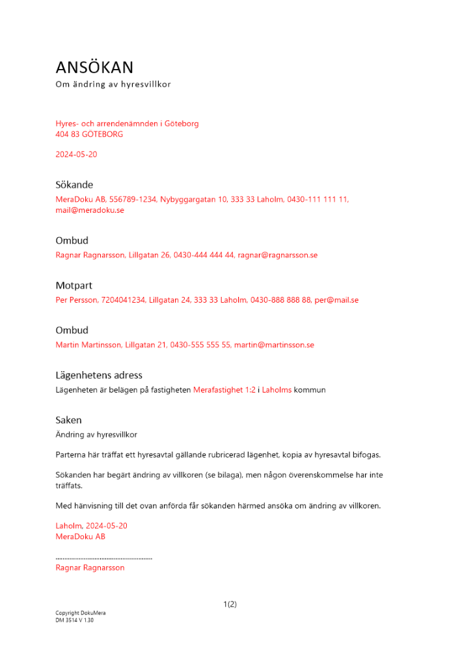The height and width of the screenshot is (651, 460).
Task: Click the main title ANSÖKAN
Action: pyautogui.click(x=94, y=67)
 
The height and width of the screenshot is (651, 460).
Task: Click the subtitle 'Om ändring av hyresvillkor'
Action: pyautogui.click(x=113, y=85)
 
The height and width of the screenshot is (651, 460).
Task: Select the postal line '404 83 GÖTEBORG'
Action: pyautogui.click(x=89, y=134)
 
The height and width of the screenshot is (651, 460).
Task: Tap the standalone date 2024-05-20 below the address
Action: pyautogui.click(x=76, y=155)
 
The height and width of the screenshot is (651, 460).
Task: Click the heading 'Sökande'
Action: pyautogui.click(x=74, y=185)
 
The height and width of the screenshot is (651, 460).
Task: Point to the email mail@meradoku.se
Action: pyautogui.click(x=90, y=210)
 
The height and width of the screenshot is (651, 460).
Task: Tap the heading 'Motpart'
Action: pyautogui.click(x=74, y=286)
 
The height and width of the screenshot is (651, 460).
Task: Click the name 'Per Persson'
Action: pyautogui.click(x=77, y=300)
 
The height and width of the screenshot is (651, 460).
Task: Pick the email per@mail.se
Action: pyautogui.click(x=336, y=300)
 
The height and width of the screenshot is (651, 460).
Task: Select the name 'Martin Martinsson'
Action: pyautogui.click(x=88, y=345)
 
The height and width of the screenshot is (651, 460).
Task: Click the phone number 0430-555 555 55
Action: pyautogui.click(x=200, y=345)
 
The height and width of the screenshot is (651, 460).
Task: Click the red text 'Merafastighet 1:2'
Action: pyautogui.click(x=224, y=390)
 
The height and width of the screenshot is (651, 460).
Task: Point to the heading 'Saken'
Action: pyautogui.click(x=69, y=421)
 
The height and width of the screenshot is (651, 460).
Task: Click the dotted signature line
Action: pyautogui.click(x=104, y=558)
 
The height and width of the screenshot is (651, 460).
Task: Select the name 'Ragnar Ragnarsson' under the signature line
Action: pyautogui.click(x=90, y=568)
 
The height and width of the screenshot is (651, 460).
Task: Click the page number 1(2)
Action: pyautogui.click(x=230, y=604)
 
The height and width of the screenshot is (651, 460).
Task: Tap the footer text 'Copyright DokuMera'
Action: pyautogui.click(x=81, y=613)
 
